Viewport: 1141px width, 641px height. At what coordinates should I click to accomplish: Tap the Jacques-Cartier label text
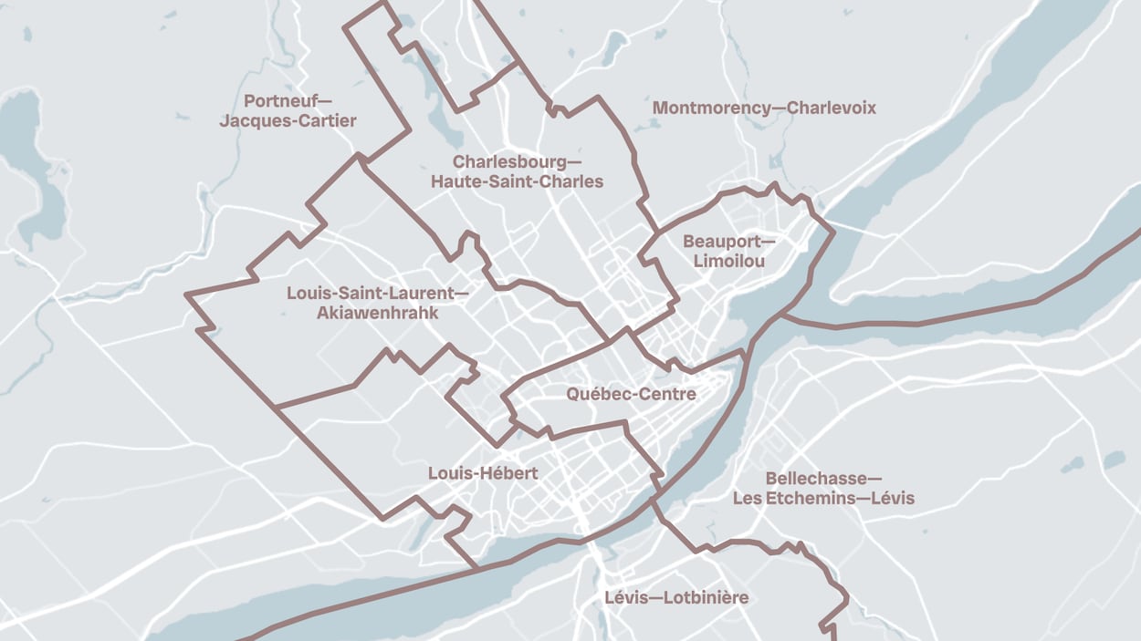pyautogui.click(x=288, y=120)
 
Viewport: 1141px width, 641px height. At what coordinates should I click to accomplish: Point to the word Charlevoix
pyautogui.click(x=832, y=108)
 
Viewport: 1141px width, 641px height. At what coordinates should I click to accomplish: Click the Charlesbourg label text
pyautogui.click(x=512, y=161)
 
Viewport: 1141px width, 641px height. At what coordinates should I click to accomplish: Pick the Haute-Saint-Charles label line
pyautogui.click(x=517, y=181)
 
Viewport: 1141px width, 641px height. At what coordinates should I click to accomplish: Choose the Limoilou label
pyautogui.click(x=728, y=262)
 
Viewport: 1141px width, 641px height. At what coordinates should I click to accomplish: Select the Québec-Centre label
pyautogui.click(x=631, y=394)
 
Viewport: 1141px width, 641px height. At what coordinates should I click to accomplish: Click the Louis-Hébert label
pyautogui.click(x=483, y=473)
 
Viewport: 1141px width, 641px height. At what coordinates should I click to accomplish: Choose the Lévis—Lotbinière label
pyautogui.click(x=676, y=598)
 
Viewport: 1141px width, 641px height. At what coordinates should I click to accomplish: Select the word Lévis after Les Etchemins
pyautogui.click(x=892, y=499)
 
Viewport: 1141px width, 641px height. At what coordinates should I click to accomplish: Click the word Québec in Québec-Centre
pyautogui.click(x=596, y=394)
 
